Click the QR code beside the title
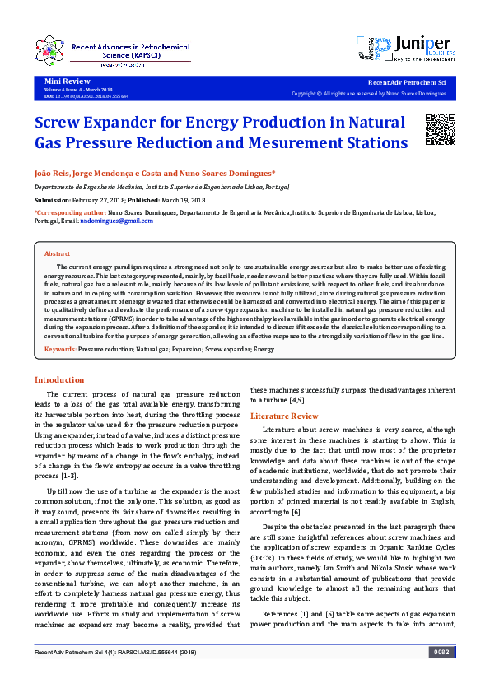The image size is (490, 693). pyautogui.click(x=440, y=129)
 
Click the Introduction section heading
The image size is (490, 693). pyautogui.click(x=58, y=379)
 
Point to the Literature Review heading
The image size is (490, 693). pyautogui.click(x=284, y=416)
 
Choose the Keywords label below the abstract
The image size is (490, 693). pyautogui.click(x=60, y=350)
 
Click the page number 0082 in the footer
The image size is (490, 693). pyautogui.click(x=441, y=653)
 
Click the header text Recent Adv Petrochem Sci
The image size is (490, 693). pyautogui.click(x=406, y=83)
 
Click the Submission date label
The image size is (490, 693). pyautogui.click(x=53, y=200)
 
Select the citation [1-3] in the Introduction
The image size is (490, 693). pyautogui.click(x=70, y=476)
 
